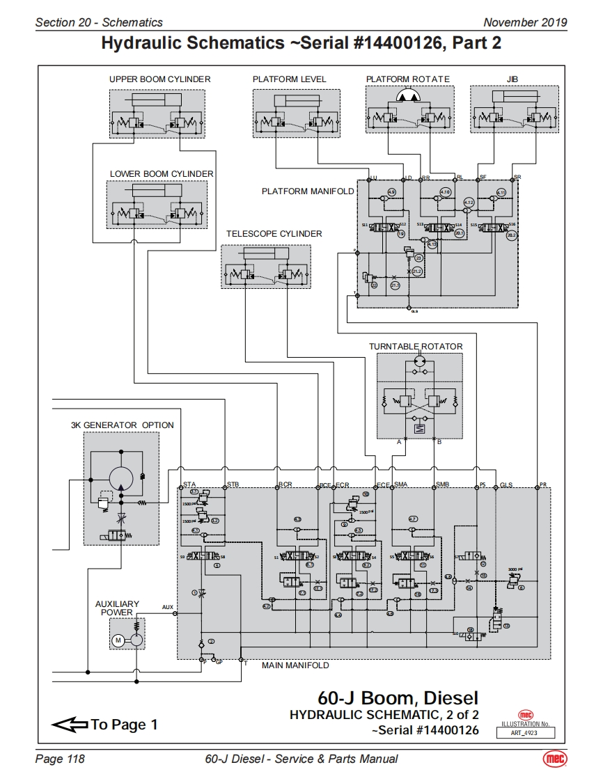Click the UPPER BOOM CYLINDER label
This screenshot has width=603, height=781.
pyautogui.click(x=159, y=79)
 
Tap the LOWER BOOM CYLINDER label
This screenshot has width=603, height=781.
pyautogui.click(x=162, y=174)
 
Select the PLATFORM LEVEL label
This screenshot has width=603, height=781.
pyautogui.click(x=289, y=79)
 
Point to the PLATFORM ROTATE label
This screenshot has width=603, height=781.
pyautogui.click(x=408, y=79)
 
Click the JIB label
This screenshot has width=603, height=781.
pyautogui.click(x=513, y=79)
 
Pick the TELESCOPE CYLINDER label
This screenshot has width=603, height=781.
pyautogui.click(x=274, y=234)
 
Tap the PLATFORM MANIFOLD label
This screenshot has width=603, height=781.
pyautogui.click(x=308, y=191)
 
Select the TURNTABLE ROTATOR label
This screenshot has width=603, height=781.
pyautogui.click(x=416, y=347)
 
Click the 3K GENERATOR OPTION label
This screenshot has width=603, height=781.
pyautogui.click(x=123, y=425)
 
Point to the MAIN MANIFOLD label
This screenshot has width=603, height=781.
pyautogui.click(x=295, y=665)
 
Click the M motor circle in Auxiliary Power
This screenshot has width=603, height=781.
pyautogui.click(x=118, y=640)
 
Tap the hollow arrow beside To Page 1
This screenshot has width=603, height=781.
pyautogui.click(x=69, y=725)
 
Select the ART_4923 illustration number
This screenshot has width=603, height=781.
pyautogui.click(x=526, y=732)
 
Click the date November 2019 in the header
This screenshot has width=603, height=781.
pyautogui.click(x=525, y=22)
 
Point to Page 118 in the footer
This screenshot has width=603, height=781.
pyautogui.click(x=60, y=759)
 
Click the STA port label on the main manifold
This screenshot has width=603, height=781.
pyautogui.click(x=189, y=484)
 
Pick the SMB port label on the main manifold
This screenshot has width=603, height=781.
pyautogui.click(x=442, y=484)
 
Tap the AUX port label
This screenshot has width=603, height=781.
pyautogui.click(x=168, y=608)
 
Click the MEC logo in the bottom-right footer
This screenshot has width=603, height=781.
pyautogui.click(x=555, y=759)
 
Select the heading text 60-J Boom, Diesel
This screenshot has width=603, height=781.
pyautogui.click(x=398, y=697)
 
